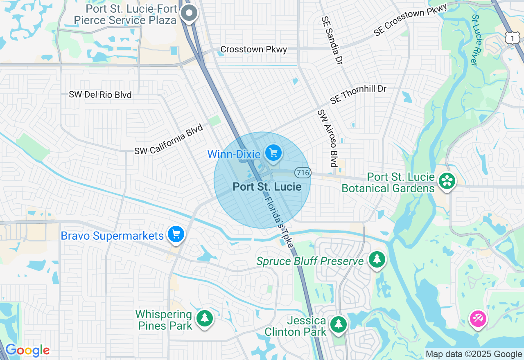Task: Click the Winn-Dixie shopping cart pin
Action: pos(273,153)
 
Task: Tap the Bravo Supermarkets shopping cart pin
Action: pos(176,235)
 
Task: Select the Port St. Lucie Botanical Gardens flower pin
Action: pos(446,181)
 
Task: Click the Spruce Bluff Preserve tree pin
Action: pos(377,259)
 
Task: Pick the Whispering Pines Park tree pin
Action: pos(204,318)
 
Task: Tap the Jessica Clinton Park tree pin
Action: pos(338,324)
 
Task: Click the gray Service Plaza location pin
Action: pos(189,13)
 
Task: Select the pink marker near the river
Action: pos(478,318)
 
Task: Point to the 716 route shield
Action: pos(303,173)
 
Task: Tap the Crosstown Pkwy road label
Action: pos(253,49)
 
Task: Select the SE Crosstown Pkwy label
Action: pos(410,20)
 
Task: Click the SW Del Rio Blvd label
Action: pos(100,95)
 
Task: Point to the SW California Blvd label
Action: pos(169,139)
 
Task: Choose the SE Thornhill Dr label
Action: pos(358,94)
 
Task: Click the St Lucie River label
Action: pos(475,40)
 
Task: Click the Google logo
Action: pos(27,351)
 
